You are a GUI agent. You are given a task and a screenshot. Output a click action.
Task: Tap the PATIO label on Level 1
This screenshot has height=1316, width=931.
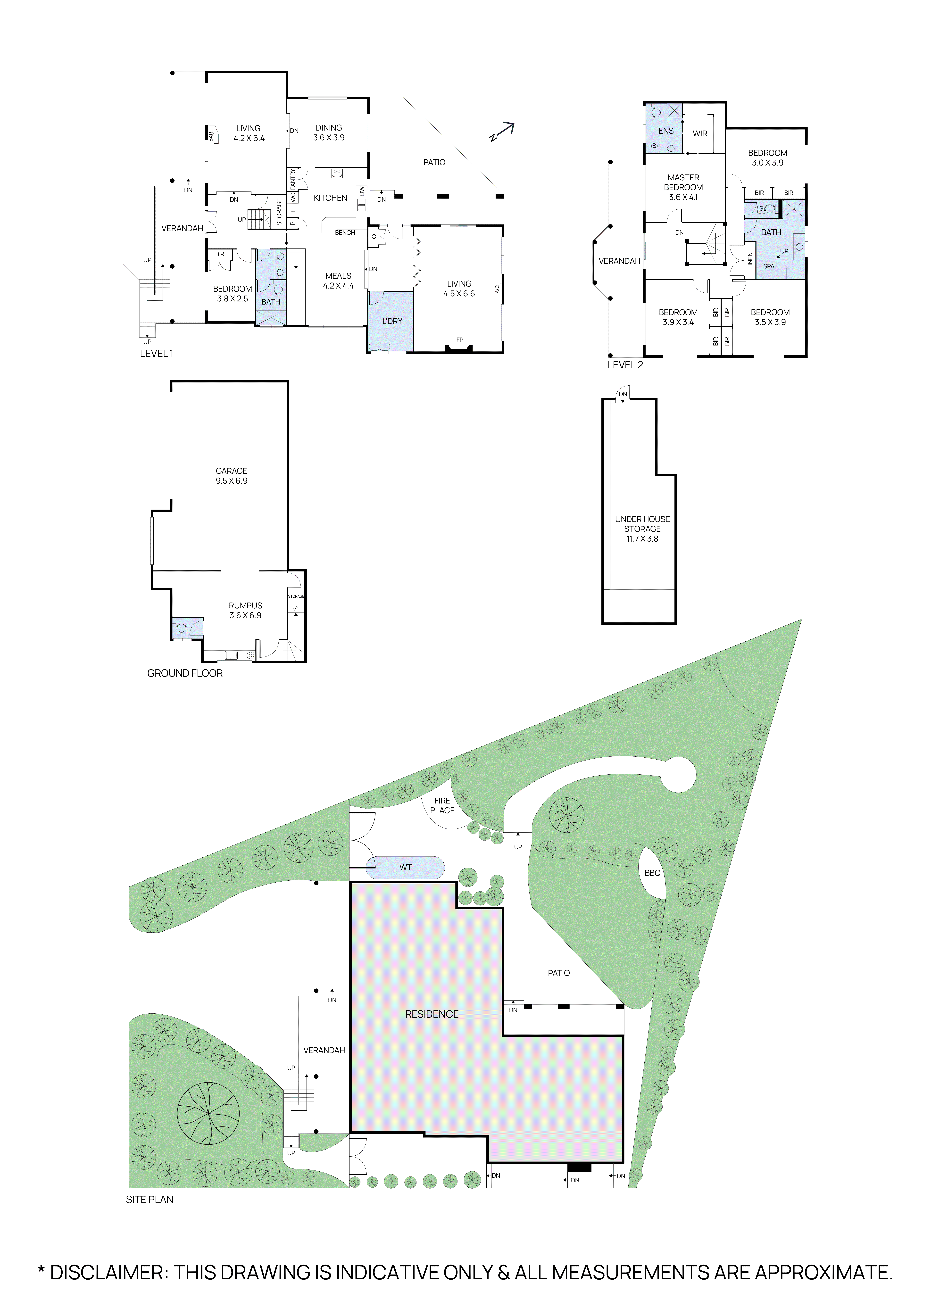coord(434,162)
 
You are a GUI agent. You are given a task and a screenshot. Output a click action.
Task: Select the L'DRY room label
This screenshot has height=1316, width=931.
coord(392,321)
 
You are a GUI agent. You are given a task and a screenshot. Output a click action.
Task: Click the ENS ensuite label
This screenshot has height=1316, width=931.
coord(666,131)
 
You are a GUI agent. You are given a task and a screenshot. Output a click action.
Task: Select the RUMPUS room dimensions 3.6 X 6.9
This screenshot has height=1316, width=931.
coord(245,616)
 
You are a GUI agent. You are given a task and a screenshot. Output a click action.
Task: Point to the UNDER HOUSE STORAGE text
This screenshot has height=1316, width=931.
coord(642,524)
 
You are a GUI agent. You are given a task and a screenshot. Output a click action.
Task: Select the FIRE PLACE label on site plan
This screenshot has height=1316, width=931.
coord(442,805)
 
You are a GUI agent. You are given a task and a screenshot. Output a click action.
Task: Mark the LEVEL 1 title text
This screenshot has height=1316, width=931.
coord(156,354)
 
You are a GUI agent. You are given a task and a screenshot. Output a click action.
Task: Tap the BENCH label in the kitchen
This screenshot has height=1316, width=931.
coord(345,233)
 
